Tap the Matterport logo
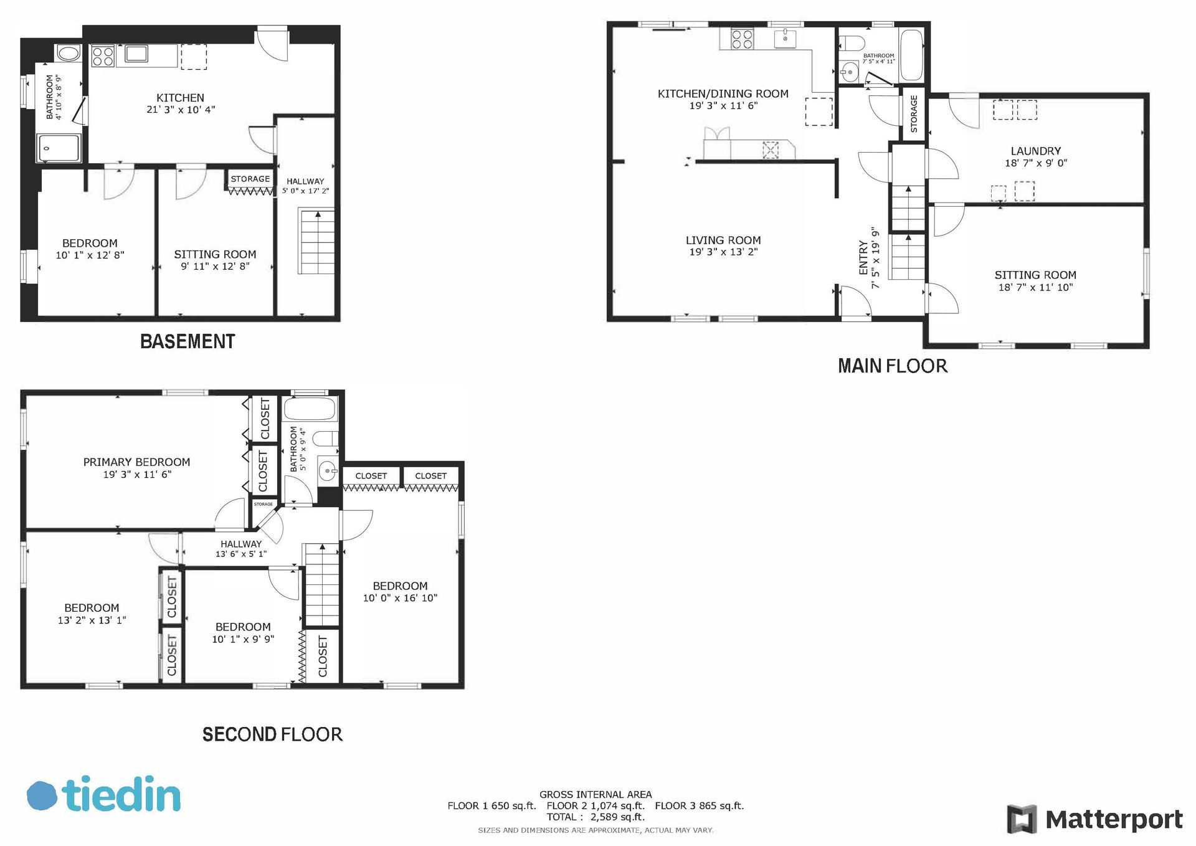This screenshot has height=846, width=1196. [1094, 819]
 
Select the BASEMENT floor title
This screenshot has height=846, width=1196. [187, 341]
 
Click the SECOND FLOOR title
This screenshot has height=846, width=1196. [272, 734]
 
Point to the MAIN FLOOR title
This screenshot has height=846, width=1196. [892, 366]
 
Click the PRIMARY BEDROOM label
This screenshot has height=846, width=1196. [136, 462]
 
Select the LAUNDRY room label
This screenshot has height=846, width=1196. [1035, 151]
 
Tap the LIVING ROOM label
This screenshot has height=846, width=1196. [723, 240]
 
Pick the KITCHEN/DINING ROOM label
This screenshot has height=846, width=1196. [723, 94]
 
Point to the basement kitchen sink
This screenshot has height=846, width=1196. [136, 54]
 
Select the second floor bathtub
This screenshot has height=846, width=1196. [310, 409]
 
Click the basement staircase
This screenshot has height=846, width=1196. [317, 242]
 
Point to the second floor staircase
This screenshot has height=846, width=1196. [321, 585]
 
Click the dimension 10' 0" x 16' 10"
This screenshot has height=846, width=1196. [400, 598]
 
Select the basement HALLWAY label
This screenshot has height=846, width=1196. [305, 181]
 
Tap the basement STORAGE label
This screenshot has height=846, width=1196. [250, 179]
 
